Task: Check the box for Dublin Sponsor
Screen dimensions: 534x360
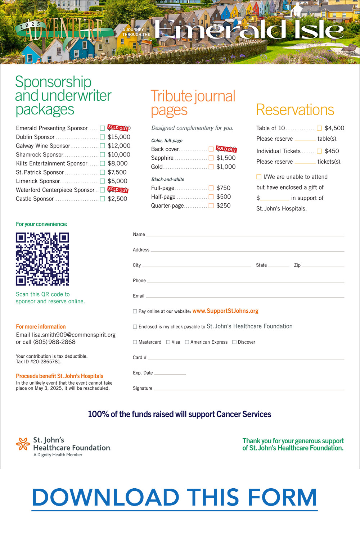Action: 102,137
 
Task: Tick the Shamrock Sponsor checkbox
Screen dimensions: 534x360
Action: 102,155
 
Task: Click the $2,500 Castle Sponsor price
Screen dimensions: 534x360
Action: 117,199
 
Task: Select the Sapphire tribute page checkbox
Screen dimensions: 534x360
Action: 211,158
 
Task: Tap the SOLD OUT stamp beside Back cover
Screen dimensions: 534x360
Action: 226,149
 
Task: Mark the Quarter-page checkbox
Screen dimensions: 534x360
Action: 211,206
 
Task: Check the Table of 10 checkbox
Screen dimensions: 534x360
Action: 319,128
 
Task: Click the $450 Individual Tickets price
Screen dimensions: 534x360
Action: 332,151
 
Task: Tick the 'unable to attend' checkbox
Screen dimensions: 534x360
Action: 259,177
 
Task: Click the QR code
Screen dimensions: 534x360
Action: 42,259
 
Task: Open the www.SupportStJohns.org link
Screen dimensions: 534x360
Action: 225,311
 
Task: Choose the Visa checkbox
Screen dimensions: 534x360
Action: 168,342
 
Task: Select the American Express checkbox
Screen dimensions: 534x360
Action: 187,342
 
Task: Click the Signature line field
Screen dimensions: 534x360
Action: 248,388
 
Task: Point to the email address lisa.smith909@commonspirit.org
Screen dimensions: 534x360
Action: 74,335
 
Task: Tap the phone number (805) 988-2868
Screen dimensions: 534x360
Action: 54,342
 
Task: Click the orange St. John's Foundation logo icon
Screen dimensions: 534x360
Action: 23,444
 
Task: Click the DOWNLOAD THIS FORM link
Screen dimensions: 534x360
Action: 175,498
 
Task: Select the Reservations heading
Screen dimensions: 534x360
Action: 295,110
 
